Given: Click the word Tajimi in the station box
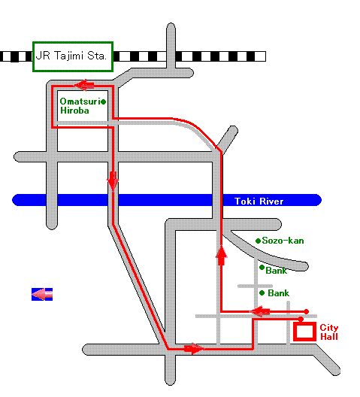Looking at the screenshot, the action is pos(68,56).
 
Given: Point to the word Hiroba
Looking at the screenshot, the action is pos(74,111).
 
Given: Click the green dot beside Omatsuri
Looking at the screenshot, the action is pos(103,102).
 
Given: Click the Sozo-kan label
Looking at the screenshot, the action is pos(283,241).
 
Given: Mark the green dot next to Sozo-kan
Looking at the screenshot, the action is pos(258,241).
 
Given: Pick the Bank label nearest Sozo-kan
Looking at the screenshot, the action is pos(277,271).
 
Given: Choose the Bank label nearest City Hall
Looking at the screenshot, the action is pos(279,293).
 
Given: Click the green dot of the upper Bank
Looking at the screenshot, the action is pos(262,268).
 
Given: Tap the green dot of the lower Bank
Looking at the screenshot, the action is pos(262,293).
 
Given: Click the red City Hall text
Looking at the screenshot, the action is pos(329,332).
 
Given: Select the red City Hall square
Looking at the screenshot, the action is pos(305,323).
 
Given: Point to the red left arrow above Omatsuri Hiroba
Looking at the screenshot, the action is pos(84,85).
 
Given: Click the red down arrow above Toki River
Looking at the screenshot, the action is pos(113,180).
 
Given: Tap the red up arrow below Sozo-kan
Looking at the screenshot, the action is pos(222,256).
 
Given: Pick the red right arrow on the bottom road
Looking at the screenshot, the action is pos(194,349).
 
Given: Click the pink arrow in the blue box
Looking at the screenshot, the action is pos(42,294).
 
